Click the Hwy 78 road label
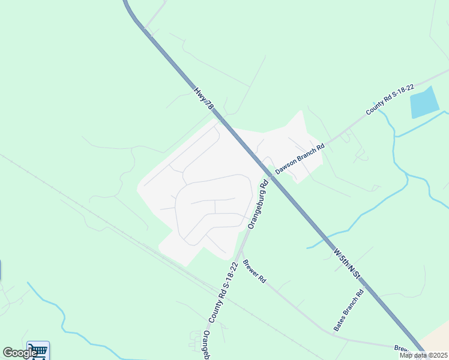[x=203, y=98]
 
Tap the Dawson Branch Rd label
[x=300, y=158]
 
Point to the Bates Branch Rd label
[x=349, y=311]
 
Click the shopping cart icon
[x=38, y=350]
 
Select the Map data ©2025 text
[x=423, y=355]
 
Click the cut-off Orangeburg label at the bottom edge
[x=206, y=345]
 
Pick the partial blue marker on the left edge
[x=1, y=270]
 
